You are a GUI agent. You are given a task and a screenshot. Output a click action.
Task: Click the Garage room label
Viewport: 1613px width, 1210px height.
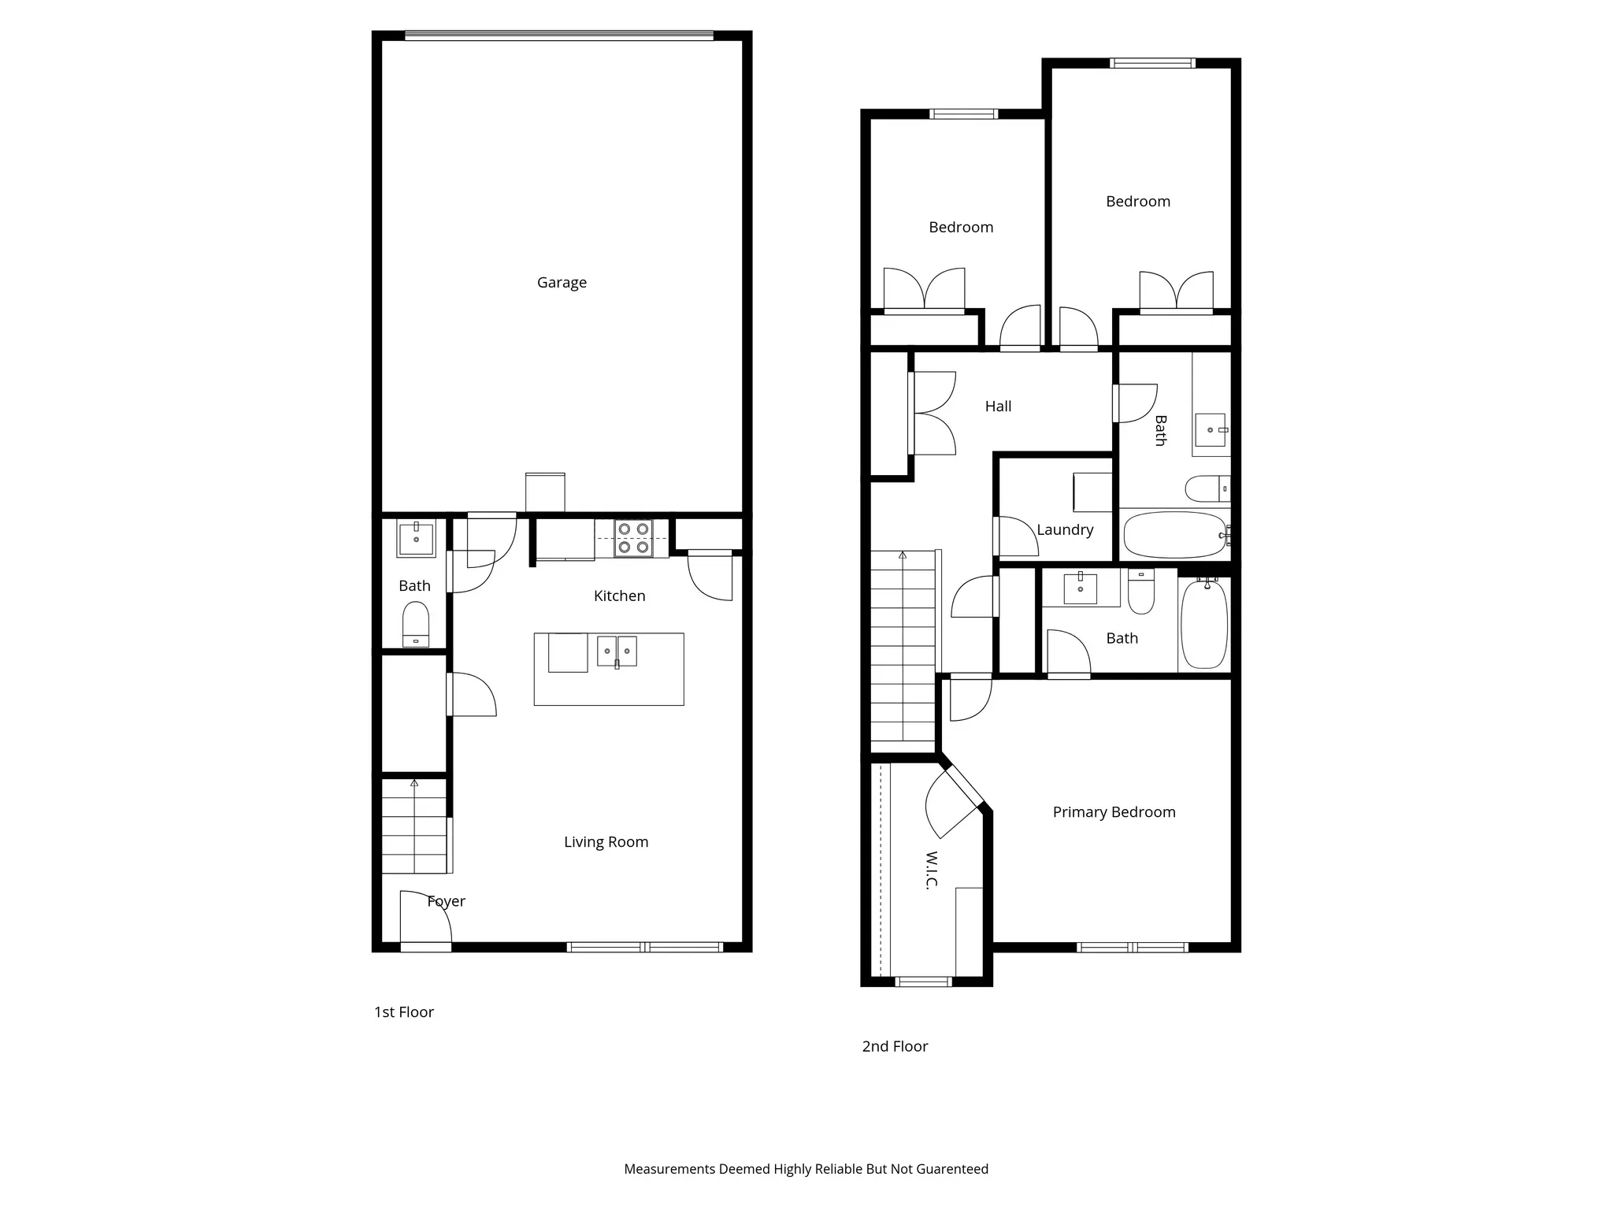click(x=562, y=282)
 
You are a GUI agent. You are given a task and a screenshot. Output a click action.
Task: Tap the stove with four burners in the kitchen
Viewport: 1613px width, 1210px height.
click(x=633, y=538)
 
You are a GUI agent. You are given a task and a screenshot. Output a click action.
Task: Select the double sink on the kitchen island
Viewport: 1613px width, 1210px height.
click(x=617, y=651)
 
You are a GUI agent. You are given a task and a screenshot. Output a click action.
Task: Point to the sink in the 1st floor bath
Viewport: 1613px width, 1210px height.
click(x=416, y=539)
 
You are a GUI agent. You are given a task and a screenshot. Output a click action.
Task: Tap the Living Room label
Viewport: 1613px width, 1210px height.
click(x=606, y=842)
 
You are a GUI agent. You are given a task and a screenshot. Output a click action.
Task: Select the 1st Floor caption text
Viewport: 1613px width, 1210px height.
click(x=403, y=1012)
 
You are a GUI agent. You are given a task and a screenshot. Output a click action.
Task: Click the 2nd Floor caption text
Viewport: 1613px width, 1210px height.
click(x=895, y=1046)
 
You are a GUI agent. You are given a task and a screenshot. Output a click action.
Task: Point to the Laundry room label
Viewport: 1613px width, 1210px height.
click(x=1065, y=530)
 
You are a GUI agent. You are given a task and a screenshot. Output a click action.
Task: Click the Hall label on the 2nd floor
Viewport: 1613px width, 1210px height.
click(x=998, y=406)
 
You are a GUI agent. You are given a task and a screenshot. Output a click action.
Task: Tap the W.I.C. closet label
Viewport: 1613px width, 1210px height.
click(x=932, y=870)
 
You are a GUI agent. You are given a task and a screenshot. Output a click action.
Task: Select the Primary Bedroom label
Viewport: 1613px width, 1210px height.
click(x=1114, y=812)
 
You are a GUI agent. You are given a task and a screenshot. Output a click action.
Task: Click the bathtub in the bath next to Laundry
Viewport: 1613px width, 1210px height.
click(x=1174, y=535)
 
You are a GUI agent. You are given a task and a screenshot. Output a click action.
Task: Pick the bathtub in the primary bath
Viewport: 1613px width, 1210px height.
click(x=1204, y=625)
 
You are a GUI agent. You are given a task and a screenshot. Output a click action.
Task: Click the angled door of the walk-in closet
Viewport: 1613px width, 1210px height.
click(x=953, y=804)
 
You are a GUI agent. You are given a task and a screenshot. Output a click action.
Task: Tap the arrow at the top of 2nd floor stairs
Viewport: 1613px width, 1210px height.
click(x=903, y=555)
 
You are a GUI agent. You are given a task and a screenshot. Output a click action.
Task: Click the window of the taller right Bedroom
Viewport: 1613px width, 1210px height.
click(x=1152, y=63)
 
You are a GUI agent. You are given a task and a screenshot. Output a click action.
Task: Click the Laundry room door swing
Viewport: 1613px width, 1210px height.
click(x=1016, y=536)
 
